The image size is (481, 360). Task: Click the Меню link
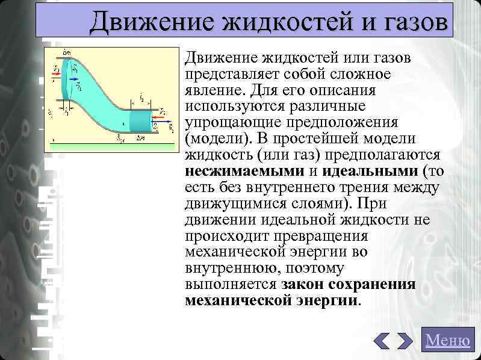coord(447,340)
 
